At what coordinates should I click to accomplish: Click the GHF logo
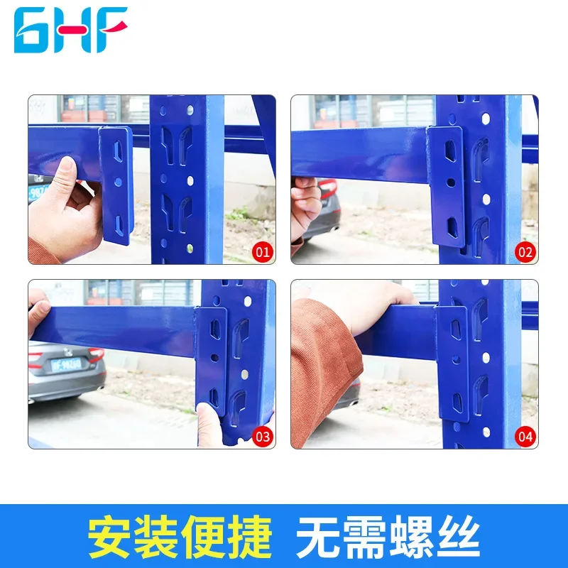click(70, 30)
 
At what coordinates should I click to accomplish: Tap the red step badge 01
click(262, 251)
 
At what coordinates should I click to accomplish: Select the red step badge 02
click(525, 251)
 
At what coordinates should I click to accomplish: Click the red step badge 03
click(262, 436)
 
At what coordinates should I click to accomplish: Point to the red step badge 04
click(525, 436)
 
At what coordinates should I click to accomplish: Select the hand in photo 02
click(305, 206)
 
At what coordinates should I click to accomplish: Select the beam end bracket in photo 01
click(116, 185)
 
